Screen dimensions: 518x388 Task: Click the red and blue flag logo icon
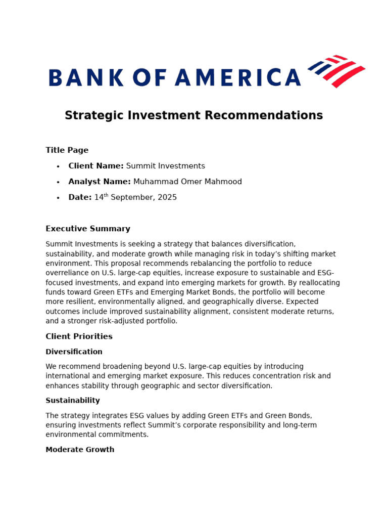pyautogui.click(x=336, y=71)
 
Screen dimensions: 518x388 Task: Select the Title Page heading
pyautogui.click(x=67, y=150)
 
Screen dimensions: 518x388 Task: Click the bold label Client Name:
pyautogui.click(x=96, y=166)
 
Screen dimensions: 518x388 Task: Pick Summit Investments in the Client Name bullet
pyautogui.click(x=165, y=166)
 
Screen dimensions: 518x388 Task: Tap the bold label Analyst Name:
pyautogui.click(x=100, y=182)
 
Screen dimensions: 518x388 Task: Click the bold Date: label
pyautogui.click(x=80, y=197)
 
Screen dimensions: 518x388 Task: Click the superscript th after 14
pyautogui.click(x=106, y=195)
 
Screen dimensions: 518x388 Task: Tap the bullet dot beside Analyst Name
pyautogui.click(x=58, y=182)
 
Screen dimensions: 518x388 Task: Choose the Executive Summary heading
pyautogui.click(x=88, y=229)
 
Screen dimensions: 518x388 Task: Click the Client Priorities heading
pyautogui.click(x=79, y=336)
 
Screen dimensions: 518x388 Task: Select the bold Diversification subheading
pyautogui.click(x=74, y=352)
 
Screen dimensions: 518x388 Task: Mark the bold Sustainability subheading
pyautogui.click(x=73, y=401)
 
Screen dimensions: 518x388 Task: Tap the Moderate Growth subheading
pyautogui.click(x=80, y=450)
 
